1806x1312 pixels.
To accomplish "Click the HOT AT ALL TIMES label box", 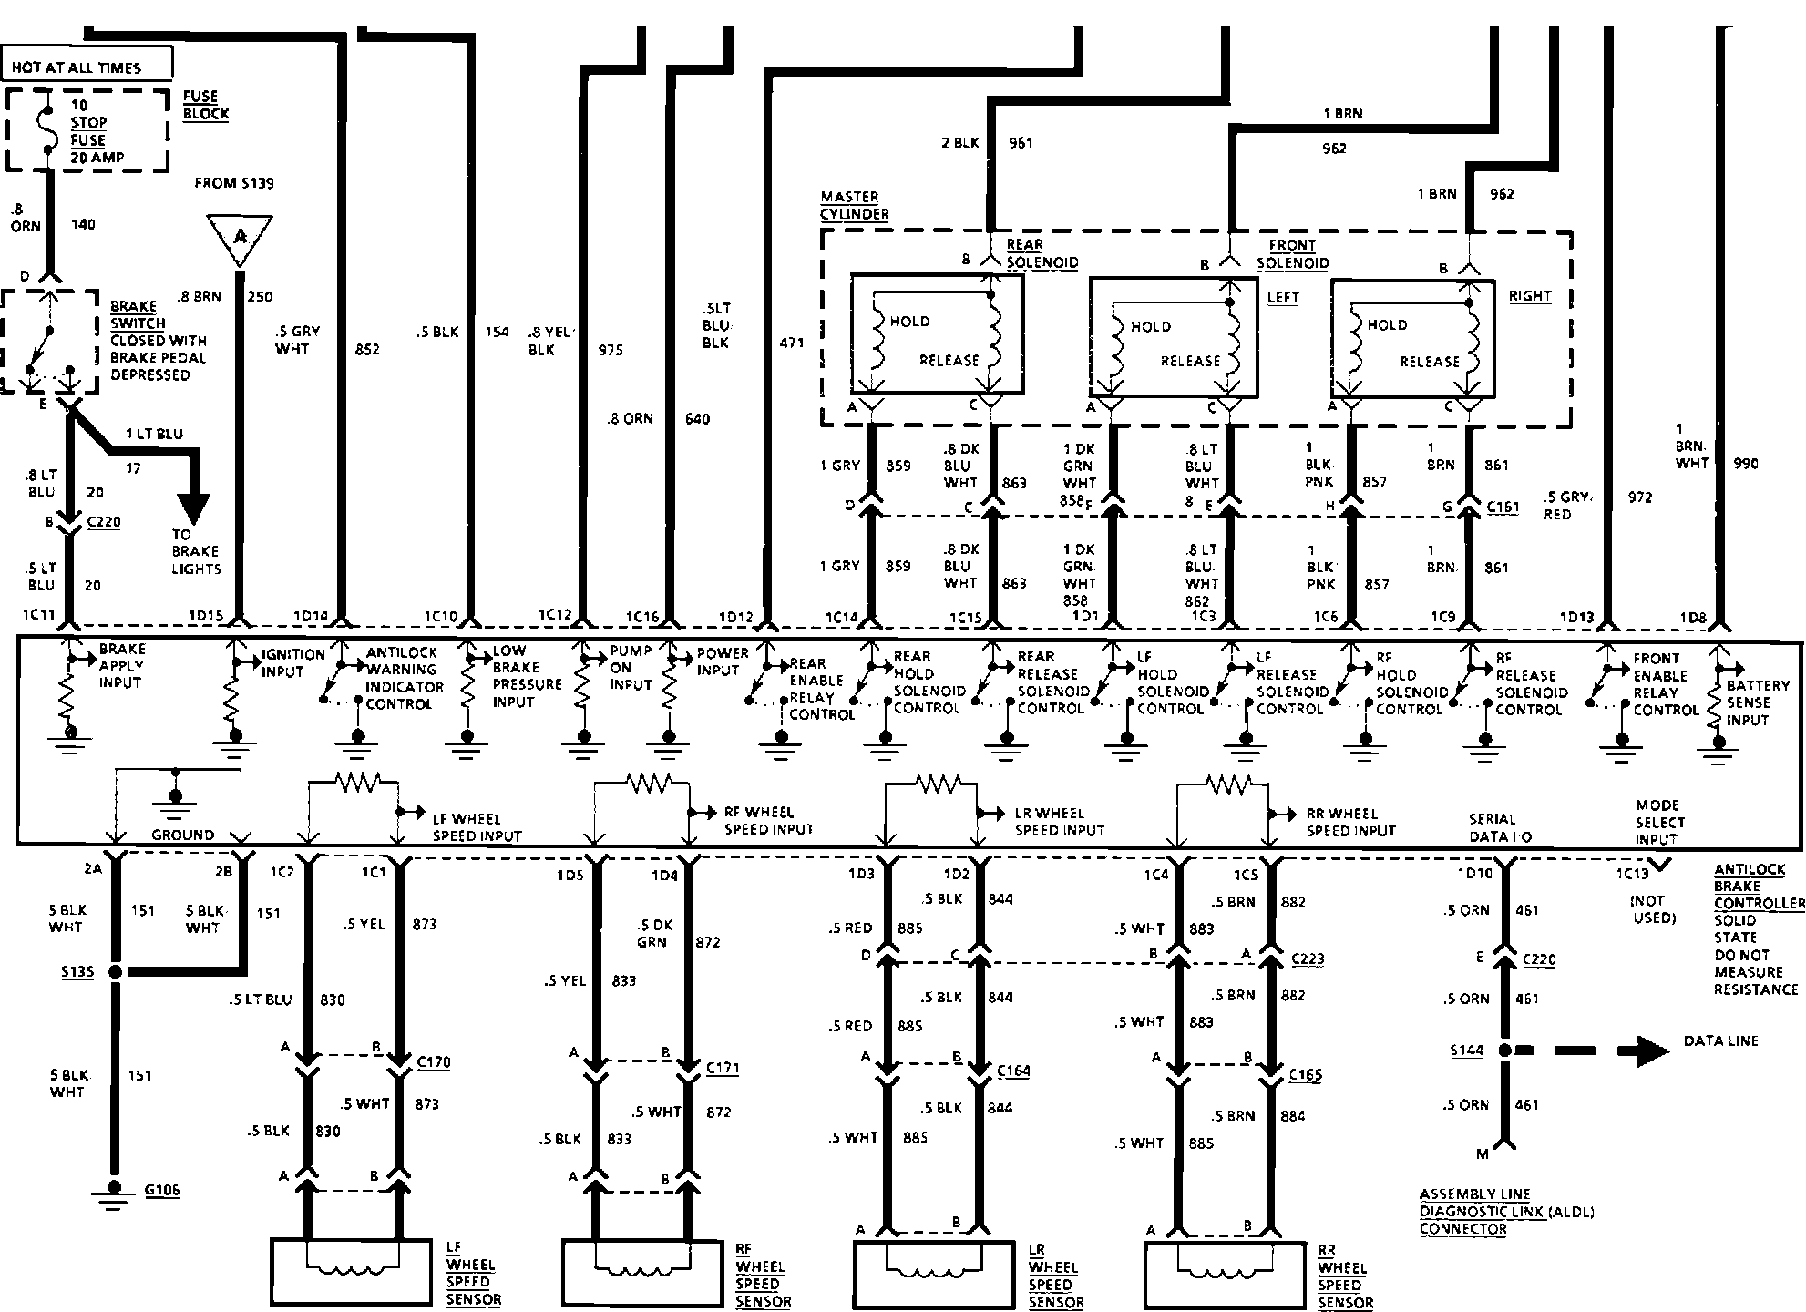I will pyautogui.click(x=88, y=66).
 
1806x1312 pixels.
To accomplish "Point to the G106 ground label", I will pyautogui.click(x=162, y=1189).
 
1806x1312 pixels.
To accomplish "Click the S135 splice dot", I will pyautogui.click(x=115, y=972).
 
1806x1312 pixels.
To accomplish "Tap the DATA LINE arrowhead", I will pyautogui.click(x=1644, y=1050).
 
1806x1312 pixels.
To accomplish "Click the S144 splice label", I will pyautogui.click(x=1467, y=1051).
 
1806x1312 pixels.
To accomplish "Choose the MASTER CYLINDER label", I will pyautogui.click(x=855, y=205).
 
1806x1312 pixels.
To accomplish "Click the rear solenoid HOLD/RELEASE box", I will pyautogui.click(x=937, y=333).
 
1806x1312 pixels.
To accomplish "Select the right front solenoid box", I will pyautogui.click(x=1413, y=338).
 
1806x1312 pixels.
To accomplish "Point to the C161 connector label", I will pyautogui.click(x=1503, y=507).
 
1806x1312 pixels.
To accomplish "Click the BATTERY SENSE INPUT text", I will pyautogui.click(x=1758, y=702).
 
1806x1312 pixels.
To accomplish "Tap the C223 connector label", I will pyautogui.click(x=1308, y=959).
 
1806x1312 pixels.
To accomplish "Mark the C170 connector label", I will pyautogui.click(x=433, y=1062).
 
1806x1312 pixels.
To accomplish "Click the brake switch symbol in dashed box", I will pyautogui.click(x=49, y=341).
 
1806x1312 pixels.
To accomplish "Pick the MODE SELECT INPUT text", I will pyautogui.click(x=1658, y=822).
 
